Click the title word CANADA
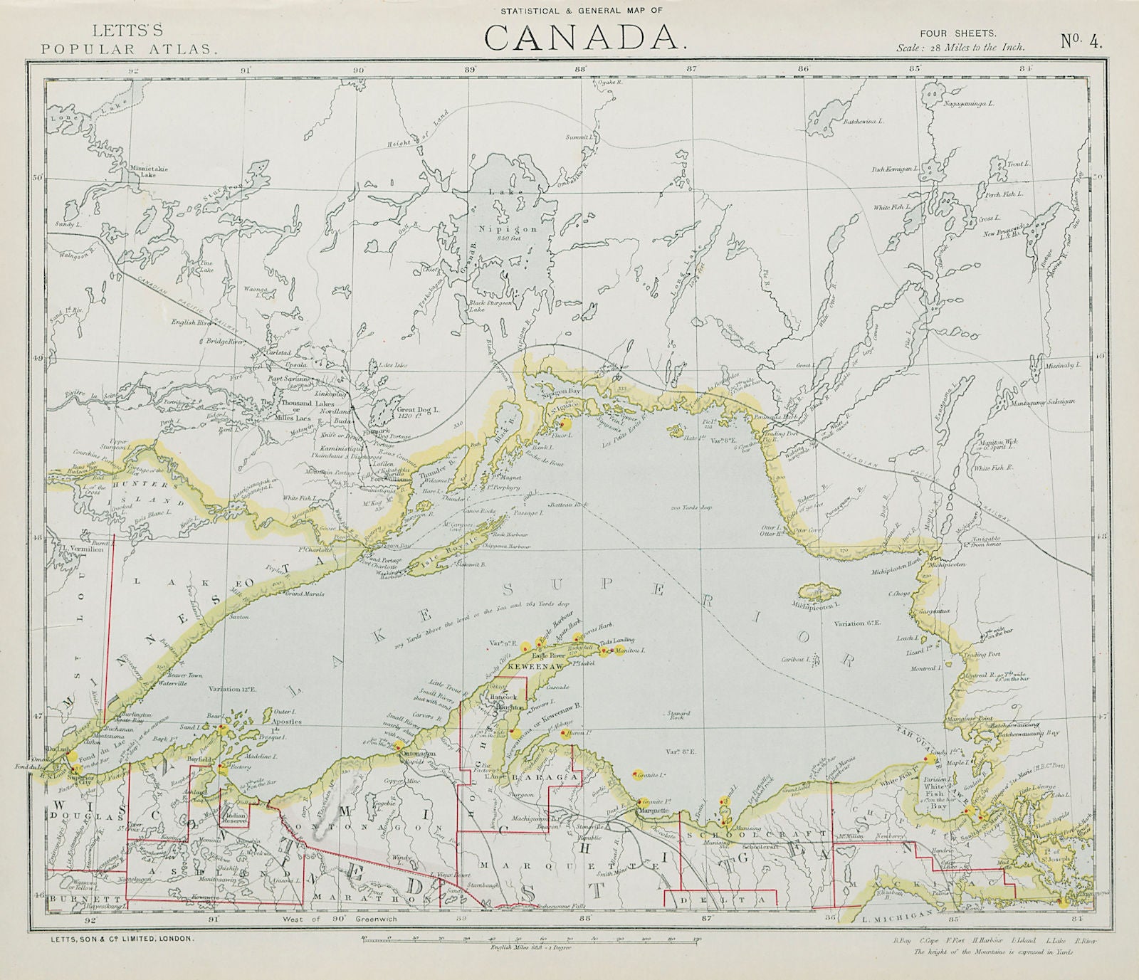tap(583, 38)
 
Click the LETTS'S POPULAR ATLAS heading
tap(128, 40)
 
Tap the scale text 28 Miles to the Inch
tap(960, 47)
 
